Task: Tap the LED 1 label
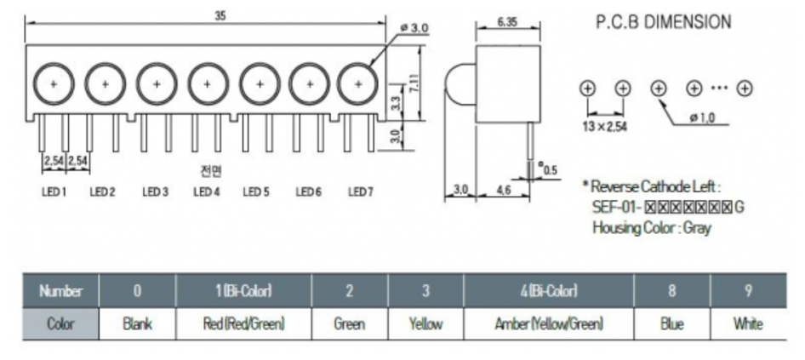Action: pyautogui.click(x=54, y=192)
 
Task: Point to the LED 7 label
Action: pyautogui.click(x=360, y=192)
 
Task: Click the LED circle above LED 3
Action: pyautogui.click(x=156, y=83)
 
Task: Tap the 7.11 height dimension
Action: pyautogui.click(x=413, y=83)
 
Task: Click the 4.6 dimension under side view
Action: pyautogui.click(x=504, y=190)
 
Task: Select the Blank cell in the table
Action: pyautogui.click(x=137, y=324)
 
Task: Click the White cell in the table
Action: pyautogui.click(x=748, y=324)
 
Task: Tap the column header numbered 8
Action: pyautogui.click(x=671, y=292)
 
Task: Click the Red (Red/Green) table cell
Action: pyautogui.click(x=243, y=324)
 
